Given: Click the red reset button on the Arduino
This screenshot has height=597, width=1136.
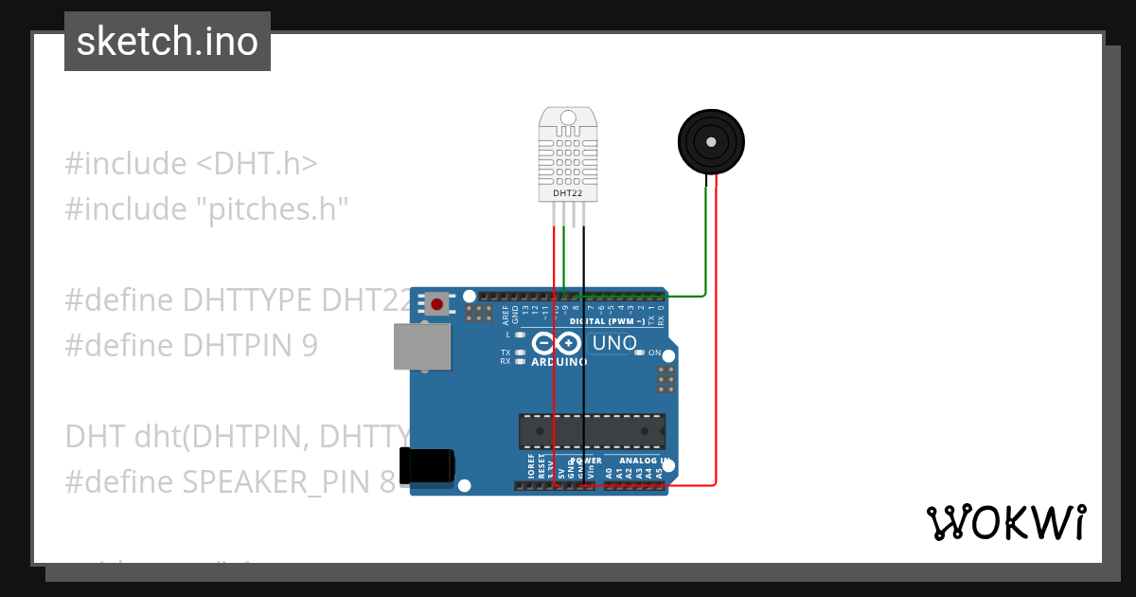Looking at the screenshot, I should pos(436,304).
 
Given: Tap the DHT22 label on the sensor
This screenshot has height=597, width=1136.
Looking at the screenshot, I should pos(568,193).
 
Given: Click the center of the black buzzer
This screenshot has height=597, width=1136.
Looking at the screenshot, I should pos(711,141).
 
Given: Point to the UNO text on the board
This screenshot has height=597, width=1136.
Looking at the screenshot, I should pos(615,343).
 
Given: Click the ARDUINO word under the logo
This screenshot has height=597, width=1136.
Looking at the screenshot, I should pos(559,362).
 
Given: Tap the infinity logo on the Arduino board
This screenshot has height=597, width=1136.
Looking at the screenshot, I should pos(556,342).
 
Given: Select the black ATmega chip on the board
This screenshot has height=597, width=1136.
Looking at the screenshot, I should pos(592,430).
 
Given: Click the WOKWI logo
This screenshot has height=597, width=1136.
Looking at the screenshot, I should pos(1005,523).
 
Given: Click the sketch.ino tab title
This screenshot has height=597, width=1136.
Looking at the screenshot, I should pos(168,42).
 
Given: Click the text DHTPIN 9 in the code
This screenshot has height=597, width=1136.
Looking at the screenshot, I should pos(250,345).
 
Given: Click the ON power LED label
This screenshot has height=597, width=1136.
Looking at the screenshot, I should pos(654,353).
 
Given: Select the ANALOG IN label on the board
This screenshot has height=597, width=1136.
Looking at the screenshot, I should pos(645,461).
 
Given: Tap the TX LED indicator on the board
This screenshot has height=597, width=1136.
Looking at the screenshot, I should pos(519,353).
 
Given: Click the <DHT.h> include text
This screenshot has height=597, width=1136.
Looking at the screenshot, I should pos(257,163).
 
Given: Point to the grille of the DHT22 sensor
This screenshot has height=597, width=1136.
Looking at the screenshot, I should pos(568,156).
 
